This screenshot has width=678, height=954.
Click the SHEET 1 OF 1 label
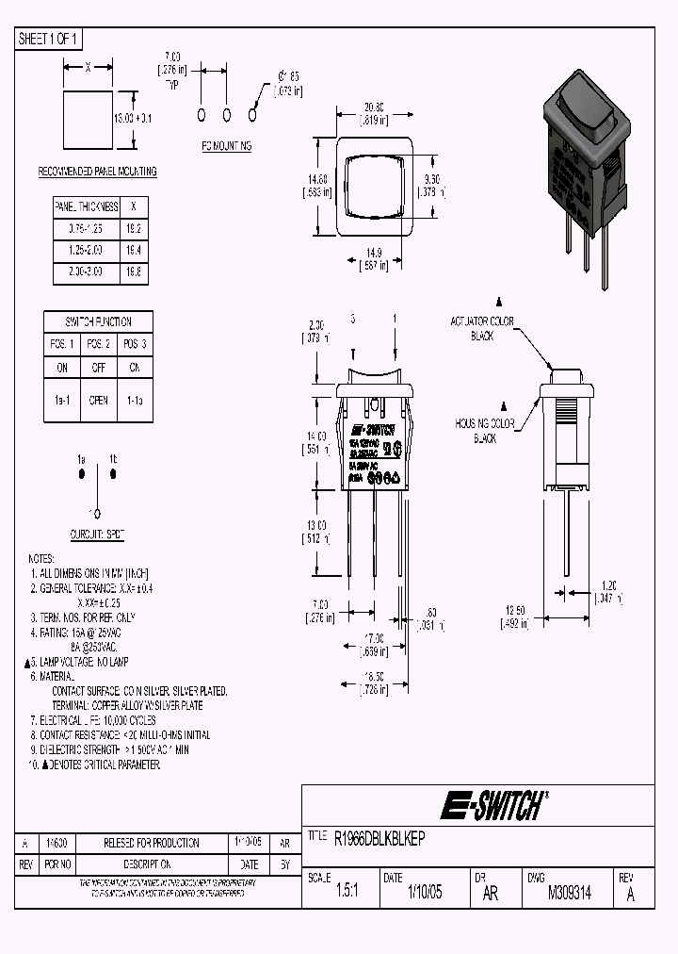tap(50, 39)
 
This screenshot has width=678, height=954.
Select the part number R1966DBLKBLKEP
tap(380, 836)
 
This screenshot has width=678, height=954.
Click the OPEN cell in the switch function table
tap(98, 399)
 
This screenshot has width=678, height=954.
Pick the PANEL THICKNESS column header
tap(86, 206)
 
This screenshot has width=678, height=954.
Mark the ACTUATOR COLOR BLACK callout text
tap(482, 328)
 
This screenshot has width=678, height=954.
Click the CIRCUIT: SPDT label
tap(99, 535)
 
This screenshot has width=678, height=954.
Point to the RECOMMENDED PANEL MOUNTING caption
tap(97, 172)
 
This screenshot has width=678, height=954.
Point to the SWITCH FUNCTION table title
tap(98, 321)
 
